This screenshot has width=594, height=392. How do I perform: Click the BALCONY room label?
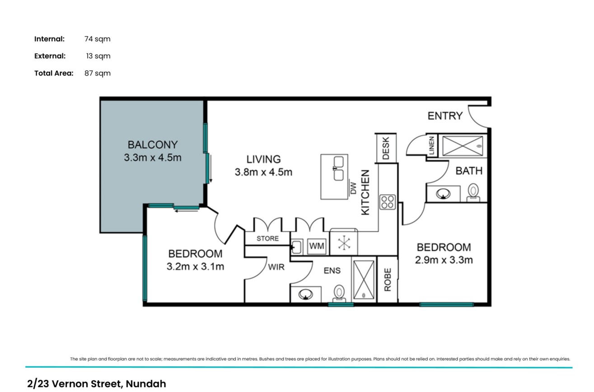(x=153, y=145)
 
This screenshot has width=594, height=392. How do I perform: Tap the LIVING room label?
(x=264, y=159)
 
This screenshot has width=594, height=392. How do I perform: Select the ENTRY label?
(x=445, y=116)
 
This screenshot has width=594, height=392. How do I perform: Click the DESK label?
(x=386, y=148)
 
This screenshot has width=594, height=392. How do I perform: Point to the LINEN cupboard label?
(x=431, y=145)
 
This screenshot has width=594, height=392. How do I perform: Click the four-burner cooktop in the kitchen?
(x=388, y=202)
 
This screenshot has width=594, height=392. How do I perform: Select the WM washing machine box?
(x=317, y=246)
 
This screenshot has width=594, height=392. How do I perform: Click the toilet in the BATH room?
(x=473, y=192)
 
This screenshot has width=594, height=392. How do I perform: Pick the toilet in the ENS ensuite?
(x=339, y=294)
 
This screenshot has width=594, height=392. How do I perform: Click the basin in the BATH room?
(x=443, y=194)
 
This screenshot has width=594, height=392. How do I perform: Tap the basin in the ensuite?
(x=306, y=294)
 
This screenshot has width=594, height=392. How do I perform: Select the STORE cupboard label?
(x=267, y=238)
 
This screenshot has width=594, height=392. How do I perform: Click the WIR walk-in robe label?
(x=276, y=267)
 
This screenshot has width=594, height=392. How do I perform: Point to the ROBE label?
(x=388, y=280)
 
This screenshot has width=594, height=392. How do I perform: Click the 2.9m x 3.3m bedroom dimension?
(x=444, y=260)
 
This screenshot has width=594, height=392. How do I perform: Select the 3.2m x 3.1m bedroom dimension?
(x=196, y=266)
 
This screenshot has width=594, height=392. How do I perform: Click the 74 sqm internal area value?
(x=97, y=39)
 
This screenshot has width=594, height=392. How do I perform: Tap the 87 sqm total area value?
(x=97, y=73)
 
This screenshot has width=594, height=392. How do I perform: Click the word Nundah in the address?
(x=146, y=384)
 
